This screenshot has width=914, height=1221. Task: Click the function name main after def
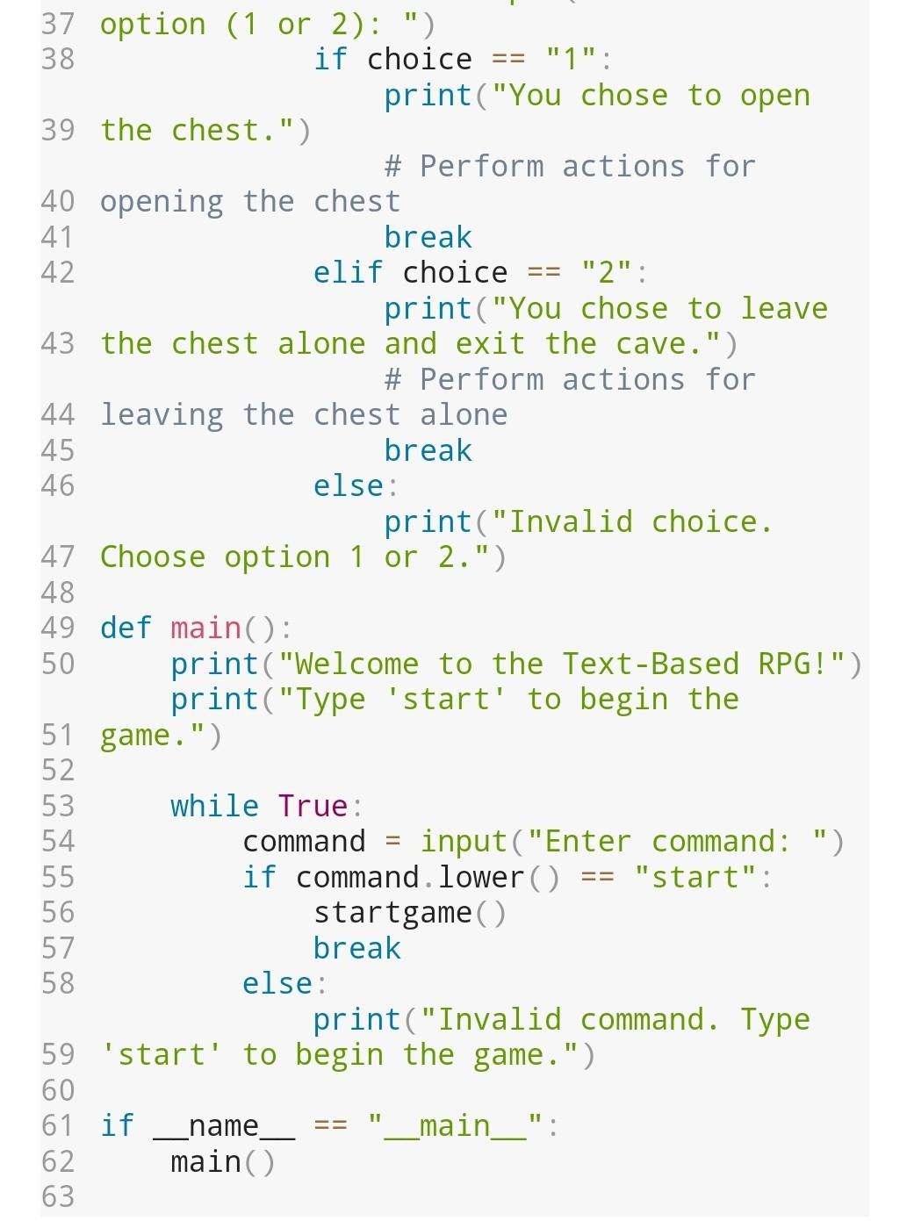[x=205, y=628]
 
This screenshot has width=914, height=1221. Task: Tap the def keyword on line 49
[x=126, y=628]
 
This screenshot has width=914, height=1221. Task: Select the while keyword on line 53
[x=214, y=806]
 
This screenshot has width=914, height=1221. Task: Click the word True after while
[x=313, y=806]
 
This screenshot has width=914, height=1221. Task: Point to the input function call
[x=464, y=842]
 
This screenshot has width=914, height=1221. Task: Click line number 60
[x=58, y=1090]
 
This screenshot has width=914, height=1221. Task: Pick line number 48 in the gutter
[x=58, y=593]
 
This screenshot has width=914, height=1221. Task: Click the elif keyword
[x=349, y=273]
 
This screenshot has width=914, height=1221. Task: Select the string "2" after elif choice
[x=606, y=273]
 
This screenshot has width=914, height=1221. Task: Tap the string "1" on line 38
[x=571, y=60]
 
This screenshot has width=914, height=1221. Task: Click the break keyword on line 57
[x=356, y=948]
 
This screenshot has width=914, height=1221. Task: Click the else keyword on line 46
[x=349, y=486]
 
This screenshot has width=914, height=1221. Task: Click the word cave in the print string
[x=651, y=344]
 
